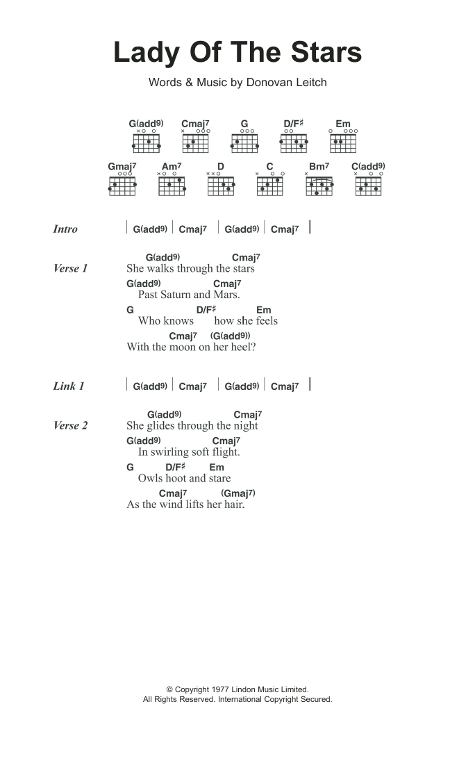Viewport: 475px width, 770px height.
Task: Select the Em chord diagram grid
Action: (x=343, y=143)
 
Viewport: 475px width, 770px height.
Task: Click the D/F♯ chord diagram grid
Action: (x=294, y=143)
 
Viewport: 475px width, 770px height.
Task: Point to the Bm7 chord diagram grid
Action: (x=319, y=186)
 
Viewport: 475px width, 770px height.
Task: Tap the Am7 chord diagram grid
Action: (x=172, y=186)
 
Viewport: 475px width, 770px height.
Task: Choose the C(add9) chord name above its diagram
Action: (x=368, y=167)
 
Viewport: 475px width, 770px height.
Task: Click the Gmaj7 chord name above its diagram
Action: (x=122, y=167)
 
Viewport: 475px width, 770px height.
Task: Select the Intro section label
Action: (x=65, y=229)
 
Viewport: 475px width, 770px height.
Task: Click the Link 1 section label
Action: (x=69, y=386)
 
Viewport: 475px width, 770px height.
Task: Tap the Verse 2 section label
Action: (x=71, y=426)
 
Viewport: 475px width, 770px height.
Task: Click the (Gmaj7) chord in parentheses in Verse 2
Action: (x=238, y=493)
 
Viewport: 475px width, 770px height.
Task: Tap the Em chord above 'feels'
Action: (x=264, y=310)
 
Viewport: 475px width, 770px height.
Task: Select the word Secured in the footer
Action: (x=316, y=699)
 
